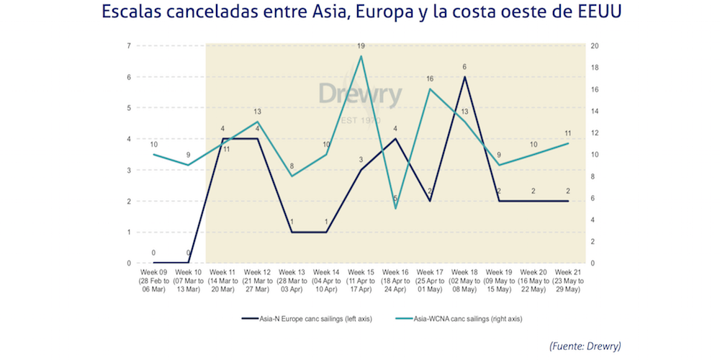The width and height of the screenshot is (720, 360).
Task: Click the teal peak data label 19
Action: [361, 46]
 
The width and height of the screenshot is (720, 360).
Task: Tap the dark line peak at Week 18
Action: [464, 77]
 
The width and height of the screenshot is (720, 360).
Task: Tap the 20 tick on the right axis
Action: [595, 46]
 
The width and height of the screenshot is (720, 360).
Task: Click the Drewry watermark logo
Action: [362, 96]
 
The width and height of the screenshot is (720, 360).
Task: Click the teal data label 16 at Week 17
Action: [430, 78]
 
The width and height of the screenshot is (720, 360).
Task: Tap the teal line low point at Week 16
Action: [395, 208]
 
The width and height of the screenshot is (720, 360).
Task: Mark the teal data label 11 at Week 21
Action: [567, 133]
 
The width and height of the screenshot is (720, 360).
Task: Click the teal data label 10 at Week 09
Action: [154, 144]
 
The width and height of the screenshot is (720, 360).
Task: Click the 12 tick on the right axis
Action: [595, 133]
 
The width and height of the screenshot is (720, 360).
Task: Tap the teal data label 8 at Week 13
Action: [292, 166]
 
